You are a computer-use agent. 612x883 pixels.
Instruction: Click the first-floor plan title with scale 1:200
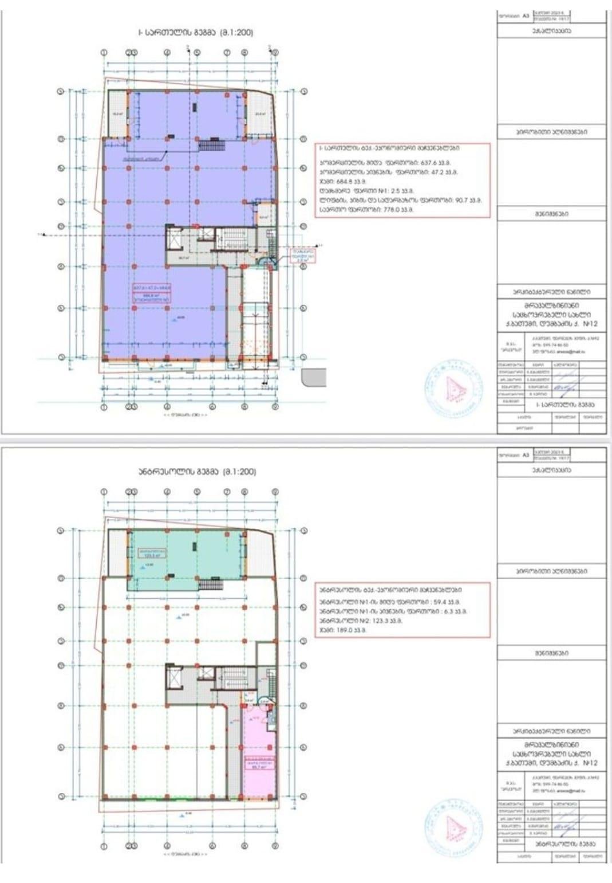point(195,33)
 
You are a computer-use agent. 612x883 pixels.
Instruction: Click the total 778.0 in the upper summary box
point(398,210)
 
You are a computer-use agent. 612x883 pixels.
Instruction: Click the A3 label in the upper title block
point(526,17)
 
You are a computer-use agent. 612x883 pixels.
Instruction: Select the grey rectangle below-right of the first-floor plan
point(314,377)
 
